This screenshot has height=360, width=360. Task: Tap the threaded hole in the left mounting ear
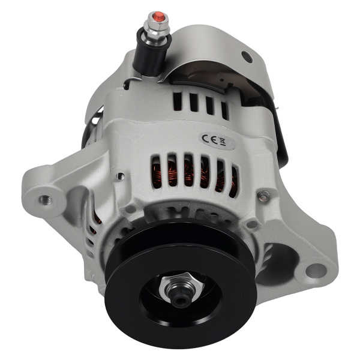coord(44,199)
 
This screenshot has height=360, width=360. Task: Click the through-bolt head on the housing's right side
coord(262,194)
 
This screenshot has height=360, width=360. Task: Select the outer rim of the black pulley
coord(114,282)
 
